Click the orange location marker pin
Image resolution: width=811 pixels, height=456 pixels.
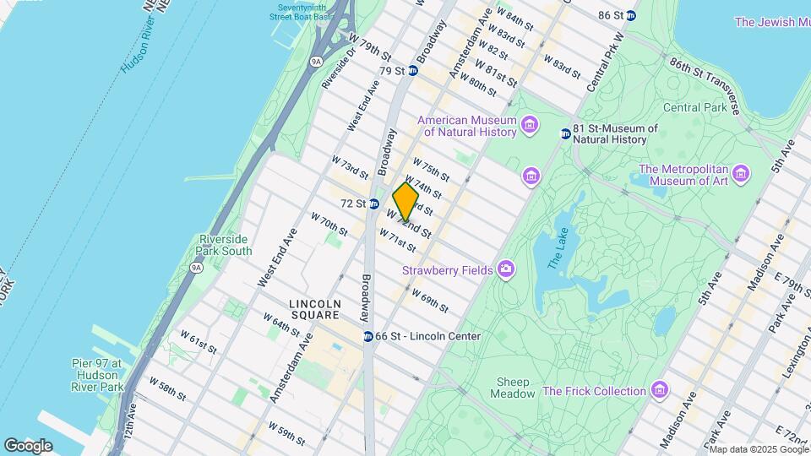click(x=405, y=202)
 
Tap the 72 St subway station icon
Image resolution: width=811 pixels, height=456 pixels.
click(x=373, y=204)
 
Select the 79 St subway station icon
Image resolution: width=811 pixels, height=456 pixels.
click(x=412, y=71)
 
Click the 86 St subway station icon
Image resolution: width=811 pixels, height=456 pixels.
click(x=630, y=15)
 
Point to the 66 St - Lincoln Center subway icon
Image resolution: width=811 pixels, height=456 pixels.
click(x=368, y=336)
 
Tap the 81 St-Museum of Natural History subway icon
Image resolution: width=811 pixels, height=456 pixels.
click(x=566, y=133)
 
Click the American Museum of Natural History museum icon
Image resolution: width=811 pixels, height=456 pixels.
click(x=530, y=126)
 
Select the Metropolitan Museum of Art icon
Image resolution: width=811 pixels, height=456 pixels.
click(x=741, y=174)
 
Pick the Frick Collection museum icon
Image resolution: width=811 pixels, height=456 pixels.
click(x=660, y=391)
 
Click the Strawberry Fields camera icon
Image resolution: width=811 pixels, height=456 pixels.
click(x=506, y=270)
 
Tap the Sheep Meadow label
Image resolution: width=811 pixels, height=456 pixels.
click(x=514, y=388)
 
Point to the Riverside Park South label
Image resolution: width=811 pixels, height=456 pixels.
click(x=224, y=244)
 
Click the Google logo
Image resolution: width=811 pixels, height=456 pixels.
click(x=28, y=445)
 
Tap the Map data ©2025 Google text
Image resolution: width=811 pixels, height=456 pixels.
click(x=759, y=448)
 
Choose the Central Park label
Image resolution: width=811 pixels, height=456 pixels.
click(x=694, y=107)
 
